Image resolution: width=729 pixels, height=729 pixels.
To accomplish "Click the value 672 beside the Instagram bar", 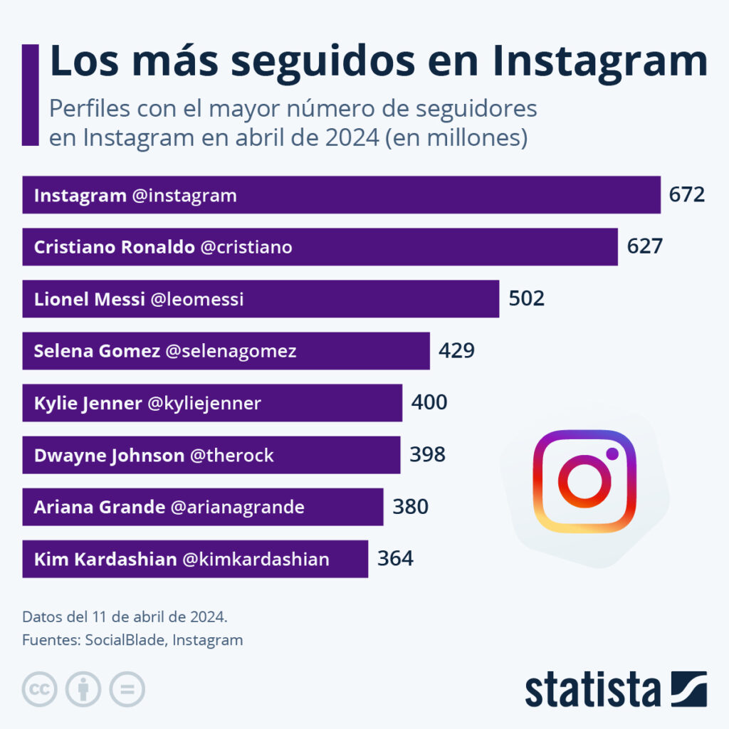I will click(x=686, y=194).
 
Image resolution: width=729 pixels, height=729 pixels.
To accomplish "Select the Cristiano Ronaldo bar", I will click(x=320, y=247).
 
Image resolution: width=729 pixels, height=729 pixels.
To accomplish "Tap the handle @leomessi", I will click(x=197, y=299).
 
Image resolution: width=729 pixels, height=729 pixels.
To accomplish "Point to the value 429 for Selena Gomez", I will click(x=456, y=351).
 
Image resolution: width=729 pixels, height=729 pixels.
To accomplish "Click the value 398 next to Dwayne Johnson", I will click(x=427, y=455).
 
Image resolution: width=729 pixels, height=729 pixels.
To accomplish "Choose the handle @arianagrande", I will click(x=237, y=507).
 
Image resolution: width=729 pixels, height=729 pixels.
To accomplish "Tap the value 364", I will click(x=395, y=559).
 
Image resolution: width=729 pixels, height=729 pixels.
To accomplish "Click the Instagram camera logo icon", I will click(x=584, y=481).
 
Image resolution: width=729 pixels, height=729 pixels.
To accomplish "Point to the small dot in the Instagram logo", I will click(x=612, y=453).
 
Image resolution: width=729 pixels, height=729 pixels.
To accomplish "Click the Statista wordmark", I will click(x=592, y=689).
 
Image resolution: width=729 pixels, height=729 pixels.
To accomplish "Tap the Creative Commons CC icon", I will click(x=40, y=689).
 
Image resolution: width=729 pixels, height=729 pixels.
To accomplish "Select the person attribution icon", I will click(x=83, y=689).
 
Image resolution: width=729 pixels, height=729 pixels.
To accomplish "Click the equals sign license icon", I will click(x=127, y=689).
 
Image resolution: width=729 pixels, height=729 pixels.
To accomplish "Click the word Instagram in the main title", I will click(x=599, y=63).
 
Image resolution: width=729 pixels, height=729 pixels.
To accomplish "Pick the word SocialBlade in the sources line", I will click(x=125, y=640).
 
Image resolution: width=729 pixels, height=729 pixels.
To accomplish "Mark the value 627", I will click(x=644, y=247).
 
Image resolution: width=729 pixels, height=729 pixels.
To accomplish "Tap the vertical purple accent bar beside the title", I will click(x=30, y=95).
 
